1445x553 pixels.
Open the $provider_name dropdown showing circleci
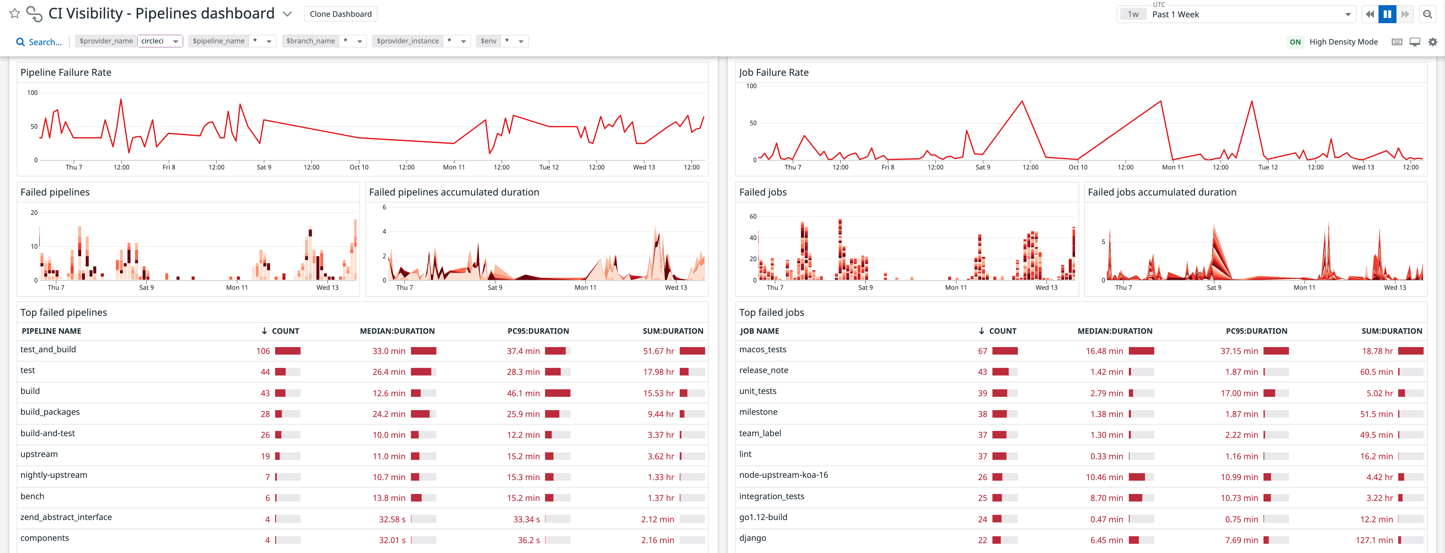click(160, 41)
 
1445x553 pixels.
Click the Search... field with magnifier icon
click(39, 42)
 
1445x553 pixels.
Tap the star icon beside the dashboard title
click(14, 14)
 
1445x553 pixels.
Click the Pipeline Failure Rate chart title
click(66, 72)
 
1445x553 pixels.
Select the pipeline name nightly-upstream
click(54, 475)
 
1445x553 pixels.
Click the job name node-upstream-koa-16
click(783, 475)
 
